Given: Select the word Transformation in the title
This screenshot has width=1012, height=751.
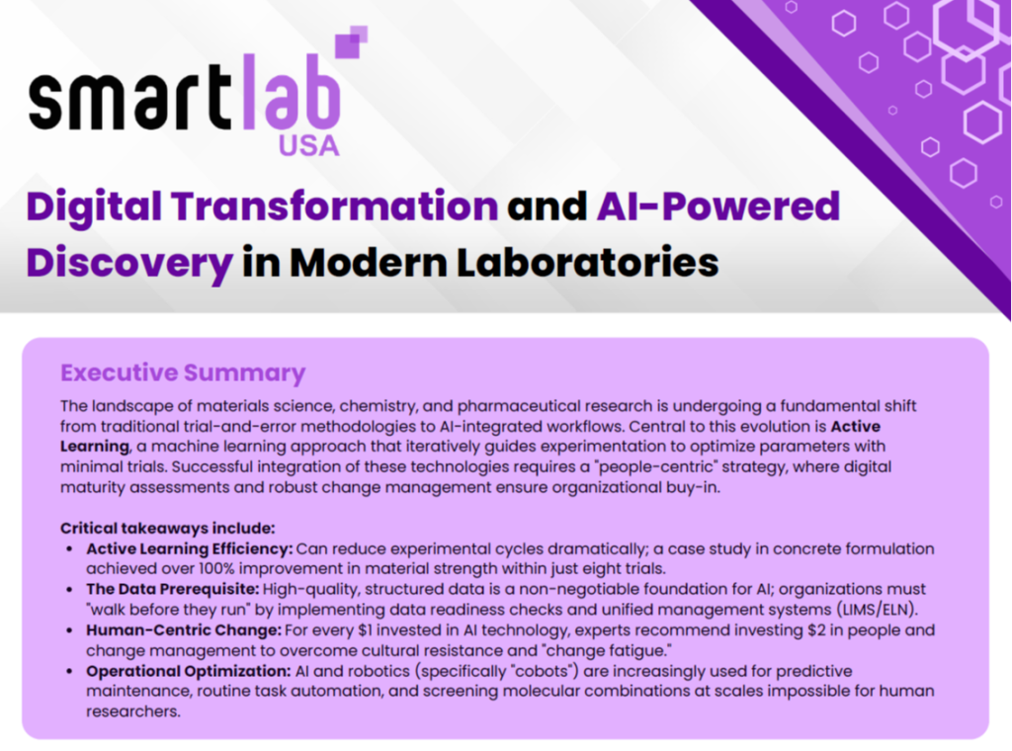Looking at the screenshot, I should click(x=334, y=207).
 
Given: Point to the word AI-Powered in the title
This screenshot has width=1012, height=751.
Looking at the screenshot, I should click(x=719, y=207).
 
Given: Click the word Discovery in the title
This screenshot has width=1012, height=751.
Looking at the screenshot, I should click(x=129, y=262).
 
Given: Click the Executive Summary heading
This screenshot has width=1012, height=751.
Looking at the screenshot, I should click(x=183, y=373).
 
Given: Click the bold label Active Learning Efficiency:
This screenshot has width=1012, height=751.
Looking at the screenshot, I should click(x=187, y=548).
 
